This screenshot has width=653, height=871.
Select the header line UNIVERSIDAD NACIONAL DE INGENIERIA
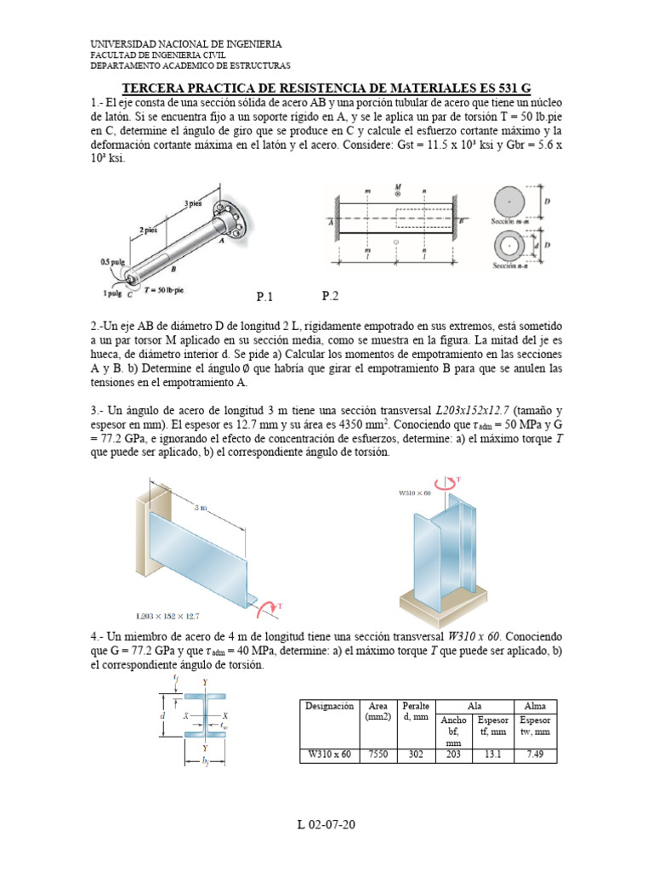186,43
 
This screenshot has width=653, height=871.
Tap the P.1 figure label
267,297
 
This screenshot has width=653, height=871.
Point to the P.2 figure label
330,296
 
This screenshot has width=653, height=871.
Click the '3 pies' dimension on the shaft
193,204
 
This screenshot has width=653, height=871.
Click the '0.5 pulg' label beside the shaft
111,262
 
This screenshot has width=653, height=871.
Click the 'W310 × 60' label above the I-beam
416,492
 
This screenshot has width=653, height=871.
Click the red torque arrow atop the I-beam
451,484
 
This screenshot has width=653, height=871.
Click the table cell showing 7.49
535,754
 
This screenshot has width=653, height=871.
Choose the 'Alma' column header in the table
535,706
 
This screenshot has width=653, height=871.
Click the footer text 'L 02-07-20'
326,824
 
